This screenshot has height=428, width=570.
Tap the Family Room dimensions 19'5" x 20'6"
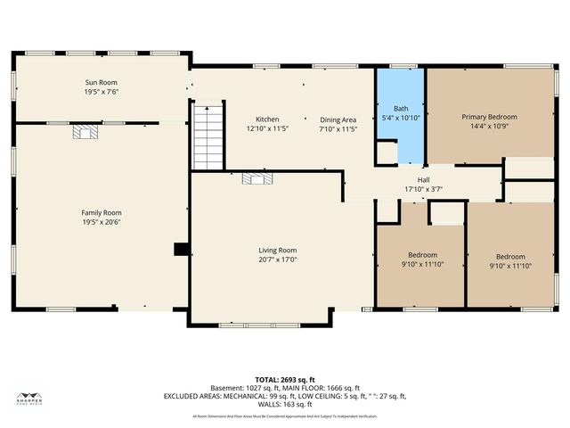pos(102,223)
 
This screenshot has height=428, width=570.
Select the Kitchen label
pos(267,119)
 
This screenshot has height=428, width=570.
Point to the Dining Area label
pos(338,119)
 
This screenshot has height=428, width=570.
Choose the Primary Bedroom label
pos(489,117)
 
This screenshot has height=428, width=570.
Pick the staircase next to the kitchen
pos(207,136)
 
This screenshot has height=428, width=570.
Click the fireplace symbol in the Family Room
pos(85,133)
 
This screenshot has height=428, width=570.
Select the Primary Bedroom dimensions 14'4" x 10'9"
pos(489,126)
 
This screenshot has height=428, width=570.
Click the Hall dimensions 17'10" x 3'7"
pos(423,189)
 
